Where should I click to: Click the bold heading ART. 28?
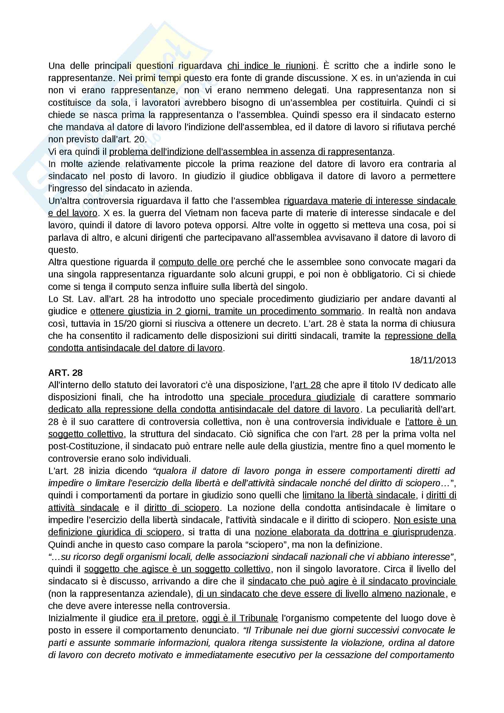click(65, 373)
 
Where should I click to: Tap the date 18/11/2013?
click(433, 360)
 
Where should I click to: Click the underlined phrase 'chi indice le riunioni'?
click(271, 66)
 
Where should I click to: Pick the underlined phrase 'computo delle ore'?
click(196, 262)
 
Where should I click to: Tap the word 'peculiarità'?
click(404, 410)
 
